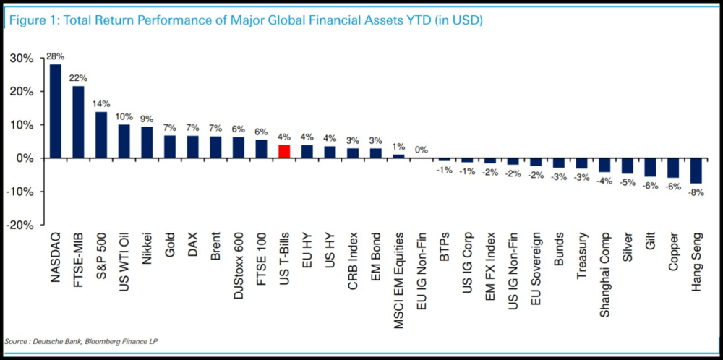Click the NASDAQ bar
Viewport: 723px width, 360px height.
[x=56, y=111]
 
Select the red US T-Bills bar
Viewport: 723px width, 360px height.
[x=284, y=151]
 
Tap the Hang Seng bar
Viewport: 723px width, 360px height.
[x=696, y=171]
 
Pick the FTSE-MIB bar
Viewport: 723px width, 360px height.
[x=78, y=121]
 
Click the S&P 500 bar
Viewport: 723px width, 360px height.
[x=101, y=135]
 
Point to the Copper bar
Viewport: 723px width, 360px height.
[x=672, y=168]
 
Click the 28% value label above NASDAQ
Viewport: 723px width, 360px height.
[x=56, y=57]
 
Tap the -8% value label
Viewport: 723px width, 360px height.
[x=696, y=193]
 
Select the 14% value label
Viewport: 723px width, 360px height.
[x=101, y=104]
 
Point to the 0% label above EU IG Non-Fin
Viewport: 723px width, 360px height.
[x=422, y=150]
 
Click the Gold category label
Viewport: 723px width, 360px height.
[x=170, y=247]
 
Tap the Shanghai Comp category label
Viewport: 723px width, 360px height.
[x=605, y=269]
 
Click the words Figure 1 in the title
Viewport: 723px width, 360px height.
[x=28, y=22]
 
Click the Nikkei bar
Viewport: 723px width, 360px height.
[x=147, y=142]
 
